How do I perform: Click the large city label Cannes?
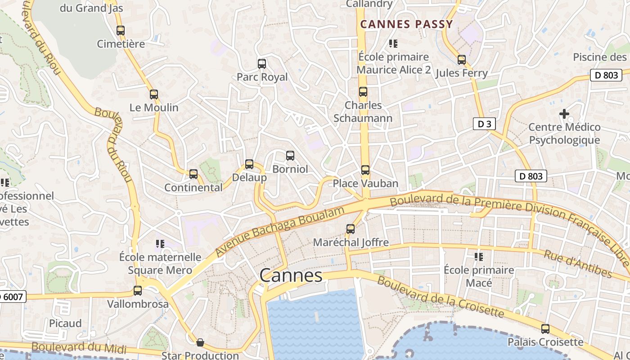[x=291, y=275]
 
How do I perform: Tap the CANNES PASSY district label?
[x=406, y=24]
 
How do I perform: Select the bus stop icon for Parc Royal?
[x=262, y=64]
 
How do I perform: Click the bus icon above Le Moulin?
[x=154, y=94]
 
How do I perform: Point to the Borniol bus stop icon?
[x=290, y=156]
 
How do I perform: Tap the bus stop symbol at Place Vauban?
[x=365, y=170]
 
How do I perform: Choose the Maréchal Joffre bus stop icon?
[x=351, y=229]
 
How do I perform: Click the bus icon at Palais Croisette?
[x=545, y=329]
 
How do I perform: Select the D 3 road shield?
[x=484, y=124]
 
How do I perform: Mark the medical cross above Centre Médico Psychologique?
[x=564, y=114]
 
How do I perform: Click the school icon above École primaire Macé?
[x=478, y=257]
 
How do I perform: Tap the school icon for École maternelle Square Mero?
[x=160, y=244]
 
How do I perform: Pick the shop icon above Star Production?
[x=200, y=343]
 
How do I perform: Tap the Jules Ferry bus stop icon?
[x=462, y=60]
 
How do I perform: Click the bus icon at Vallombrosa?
[x=138, y=291]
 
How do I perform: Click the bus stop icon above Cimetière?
[x=121, y=31]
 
